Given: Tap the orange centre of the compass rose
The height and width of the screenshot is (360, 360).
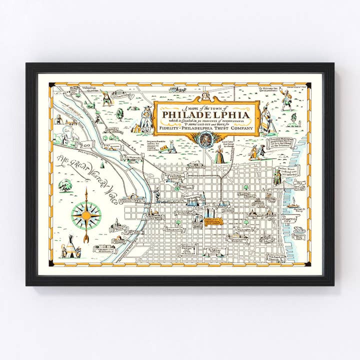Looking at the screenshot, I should coord(85,214).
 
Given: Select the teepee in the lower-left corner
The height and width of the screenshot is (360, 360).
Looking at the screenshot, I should coord(71,247).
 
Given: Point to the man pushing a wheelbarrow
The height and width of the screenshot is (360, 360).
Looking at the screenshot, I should coord(167,147).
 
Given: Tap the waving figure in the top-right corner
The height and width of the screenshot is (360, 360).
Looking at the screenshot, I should coord(286,98).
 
